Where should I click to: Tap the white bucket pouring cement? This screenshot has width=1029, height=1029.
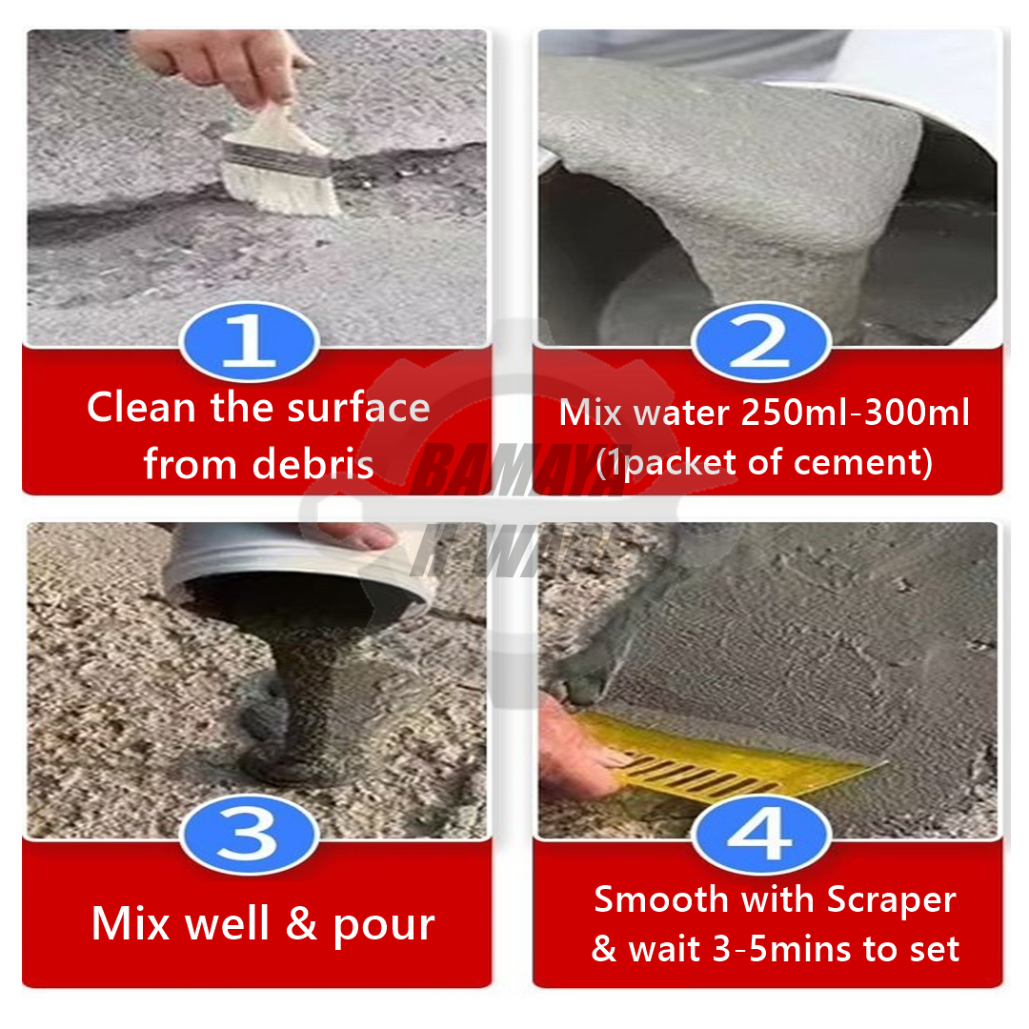click(x=295, y=572)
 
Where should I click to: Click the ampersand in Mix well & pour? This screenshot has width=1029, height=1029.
click(x=301, y=924)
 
